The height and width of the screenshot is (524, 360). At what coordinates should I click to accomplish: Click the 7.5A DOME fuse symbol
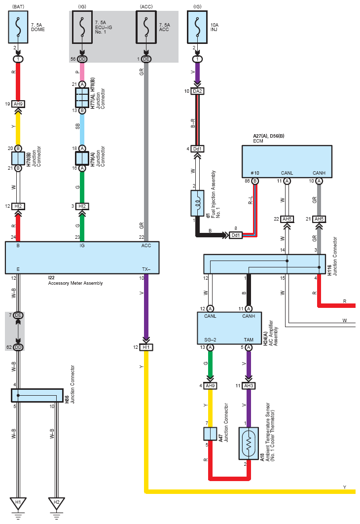18,27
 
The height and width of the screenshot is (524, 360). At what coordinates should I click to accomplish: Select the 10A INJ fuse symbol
197,27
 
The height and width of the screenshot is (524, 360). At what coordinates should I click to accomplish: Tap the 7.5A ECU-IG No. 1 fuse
82,27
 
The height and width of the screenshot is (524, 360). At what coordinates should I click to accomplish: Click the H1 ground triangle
18,503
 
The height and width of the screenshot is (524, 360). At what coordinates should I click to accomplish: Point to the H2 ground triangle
56,503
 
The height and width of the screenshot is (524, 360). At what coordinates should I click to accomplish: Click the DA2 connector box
197,91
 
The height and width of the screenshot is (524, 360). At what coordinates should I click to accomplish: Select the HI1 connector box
146,347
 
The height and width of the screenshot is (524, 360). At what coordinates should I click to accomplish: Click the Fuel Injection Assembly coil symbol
197,203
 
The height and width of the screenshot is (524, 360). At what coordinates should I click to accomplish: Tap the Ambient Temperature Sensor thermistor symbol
249,443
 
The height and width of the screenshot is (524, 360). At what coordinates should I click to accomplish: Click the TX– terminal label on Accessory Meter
146,269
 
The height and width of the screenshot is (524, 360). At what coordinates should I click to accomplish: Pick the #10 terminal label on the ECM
255,173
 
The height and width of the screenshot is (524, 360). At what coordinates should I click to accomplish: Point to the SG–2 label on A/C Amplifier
210,339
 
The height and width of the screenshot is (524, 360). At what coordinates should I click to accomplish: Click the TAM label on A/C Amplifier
249,339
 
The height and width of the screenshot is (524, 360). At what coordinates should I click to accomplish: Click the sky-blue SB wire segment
82,129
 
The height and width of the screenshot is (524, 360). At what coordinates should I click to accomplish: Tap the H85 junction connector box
37,395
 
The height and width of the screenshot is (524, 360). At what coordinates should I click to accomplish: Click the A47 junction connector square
210,434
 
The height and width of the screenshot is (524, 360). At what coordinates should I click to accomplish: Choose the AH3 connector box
249,386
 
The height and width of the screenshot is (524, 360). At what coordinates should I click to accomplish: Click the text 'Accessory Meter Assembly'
75,283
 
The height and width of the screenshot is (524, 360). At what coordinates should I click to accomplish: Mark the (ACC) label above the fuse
146,7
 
